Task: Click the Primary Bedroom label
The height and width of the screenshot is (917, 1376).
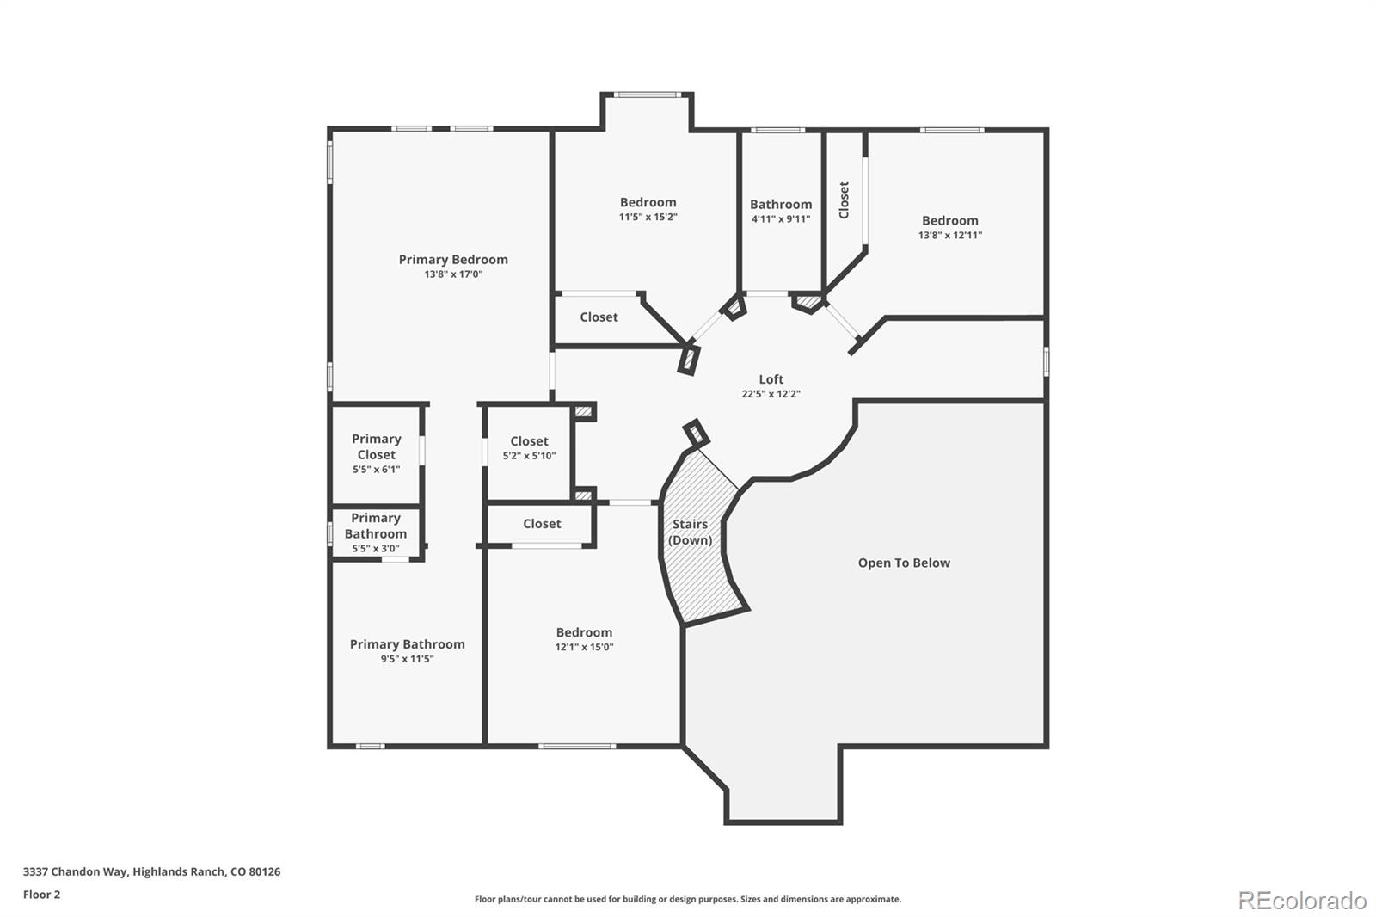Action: coord(453,260)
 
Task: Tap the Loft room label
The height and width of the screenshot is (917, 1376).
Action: coord(771,379)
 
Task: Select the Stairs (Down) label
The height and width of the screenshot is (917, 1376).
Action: coord(691,532)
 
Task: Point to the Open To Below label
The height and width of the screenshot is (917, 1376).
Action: coord(904,563)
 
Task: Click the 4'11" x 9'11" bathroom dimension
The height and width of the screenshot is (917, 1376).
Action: coord(781,218)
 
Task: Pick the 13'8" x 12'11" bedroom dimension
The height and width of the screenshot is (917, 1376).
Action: coord(950,235)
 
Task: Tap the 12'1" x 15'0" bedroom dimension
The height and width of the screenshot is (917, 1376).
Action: coord(584,647)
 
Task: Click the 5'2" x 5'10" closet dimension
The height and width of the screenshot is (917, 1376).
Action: coord(529,455)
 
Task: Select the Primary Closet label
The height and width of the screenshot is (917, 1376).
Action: coord(377,446)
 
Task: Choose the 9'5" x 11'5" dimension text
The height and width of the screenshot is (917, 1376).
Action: coord(408,659)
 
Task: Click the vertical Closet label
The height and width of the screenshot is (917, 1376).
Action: coord(844,200)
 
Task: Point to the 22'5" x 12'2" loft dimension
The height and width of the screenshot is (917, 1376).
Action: coord(771,394)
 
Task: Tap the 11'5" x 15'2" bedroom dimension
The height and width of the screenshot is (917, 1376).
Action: coord(648,217)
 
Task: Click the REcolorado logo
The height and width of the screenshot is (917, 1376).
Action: coord(1302,901)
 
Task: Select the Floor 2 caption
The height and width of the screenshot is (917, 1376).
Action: coord(42,895)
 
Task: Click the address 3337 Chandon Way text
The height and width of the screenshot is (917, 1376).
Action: coord(151,871)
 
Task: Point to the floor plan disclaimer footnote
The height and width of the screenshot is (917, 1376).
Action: coord(688,899)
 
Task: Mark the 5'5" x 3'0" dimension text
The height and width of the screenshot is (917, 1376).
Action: coord(375,548)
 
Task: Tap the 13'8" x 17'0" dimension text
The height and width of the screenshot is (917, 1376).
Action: coord(453,274)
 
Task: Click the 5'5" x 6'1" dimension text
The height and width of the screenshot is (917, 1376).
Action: coord(376,470)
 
